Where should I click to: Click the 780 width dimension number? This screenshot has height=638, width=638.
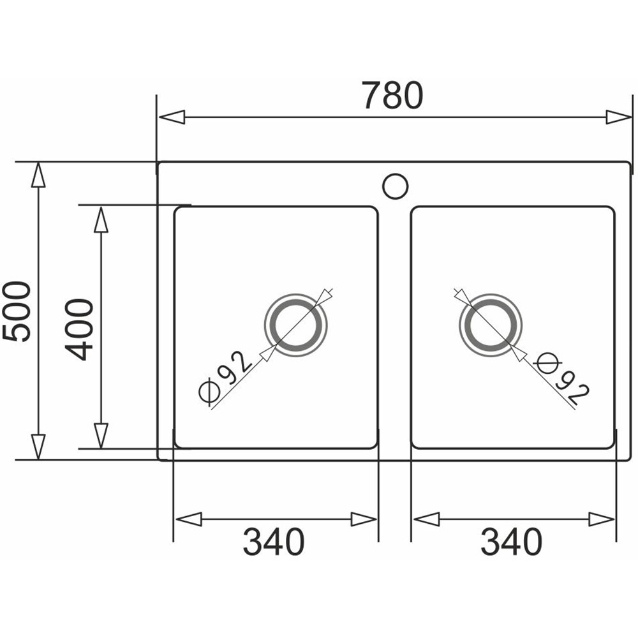(392, 96)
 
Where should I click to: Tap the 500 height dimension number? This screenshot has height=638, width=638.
(17, 312)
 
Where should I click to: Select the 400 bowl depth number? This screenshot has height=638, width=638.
(79, 330)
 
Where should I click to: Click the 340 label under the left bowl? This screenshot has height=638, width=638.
(274, 542)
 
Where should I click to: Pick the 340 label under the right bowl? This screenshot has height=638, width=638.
(512, 542)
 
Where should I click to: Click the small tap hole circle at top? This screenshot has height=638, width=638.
(395, 186)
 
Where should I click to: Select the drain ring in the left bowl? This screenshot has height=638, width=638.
(296, 302)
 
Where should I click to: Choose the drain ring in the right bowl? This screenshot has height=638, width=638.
(490, 302)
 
